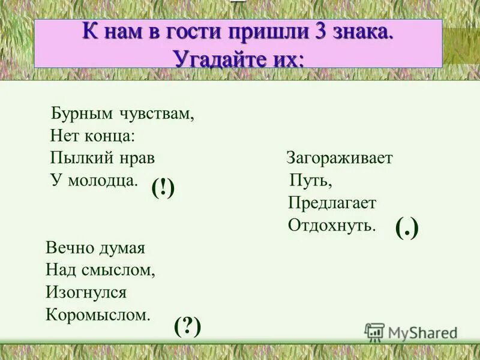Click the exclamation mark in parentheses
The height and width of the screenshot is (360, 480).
coord(163,190)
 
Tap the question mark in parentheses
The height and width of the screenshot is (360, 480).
coord(187,326)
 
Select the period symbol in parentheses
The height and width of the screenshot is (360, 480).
coord(407,228)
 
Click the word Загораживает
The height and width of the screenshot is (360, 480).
coord(339,158)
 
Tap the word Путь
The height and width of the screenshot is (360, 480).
coord(310,180)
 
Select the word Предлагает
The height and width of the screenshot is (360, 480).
coord(332,203)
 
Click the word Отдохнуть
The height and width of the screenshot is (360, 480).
coord(332,225)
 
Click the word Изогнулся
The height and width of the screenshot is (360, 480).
coord(86,292)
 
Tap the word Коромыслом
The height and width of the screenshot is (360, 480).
coord(98,315)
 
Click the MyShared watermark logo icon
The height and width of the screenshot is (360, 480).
coord(374,332)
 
